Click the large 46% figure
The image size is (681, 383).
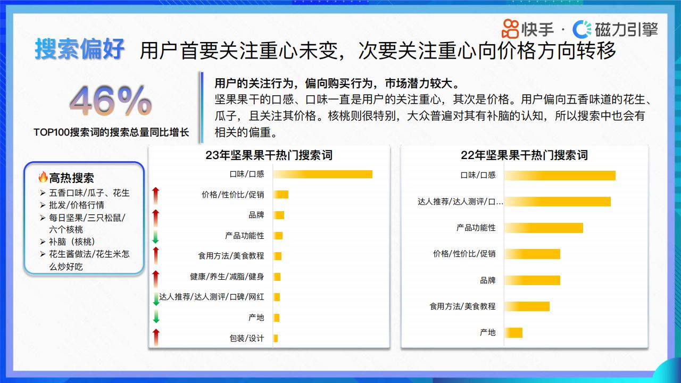tap(111, 101)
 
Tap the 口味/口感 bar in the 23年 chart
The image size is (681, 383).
tap(323, 174)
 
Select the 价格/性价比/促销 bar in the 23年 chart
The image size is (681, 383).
tap(281, 195)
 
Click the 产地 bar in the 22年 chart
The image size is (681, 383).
tap(513, 332)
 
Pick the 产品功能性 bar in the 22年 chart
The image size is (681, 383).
tap(544, 228)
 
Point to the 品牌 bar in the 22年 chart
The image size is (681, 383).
tap(533, 280)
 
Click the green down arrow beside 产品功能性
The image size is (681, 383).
tap(156, 237)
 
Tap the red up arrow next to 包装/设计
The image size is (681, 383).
tap(156, 337)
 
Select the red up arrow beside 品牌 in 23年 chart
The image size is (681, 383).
tap(156, 218)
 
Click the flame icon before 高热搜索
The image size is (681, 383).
tap(43, 177)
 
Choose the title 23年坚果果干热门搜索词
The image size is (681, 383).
tap(269, 155)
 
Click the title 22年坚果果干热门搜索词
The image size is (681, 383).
tap(524, 155)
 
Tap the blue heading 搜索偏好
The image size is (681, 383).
tap(80, 49)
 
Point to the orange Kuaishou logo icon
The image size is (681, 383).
tap(510, 29)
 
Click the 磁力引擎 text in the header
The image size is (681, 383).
tap(626, 29)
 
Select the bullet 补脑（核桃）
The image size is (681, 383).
tap(72, 242)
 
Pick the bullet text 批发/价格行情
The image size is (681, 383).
tap(77, 205)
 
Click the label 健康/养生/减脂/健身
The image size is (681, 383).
tap(227, 277)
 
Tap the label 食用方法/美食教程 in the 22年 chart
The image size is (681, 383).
tap(462, 306)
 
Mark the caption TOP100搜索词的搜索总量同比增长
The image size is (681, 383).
tap(111, 132)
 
